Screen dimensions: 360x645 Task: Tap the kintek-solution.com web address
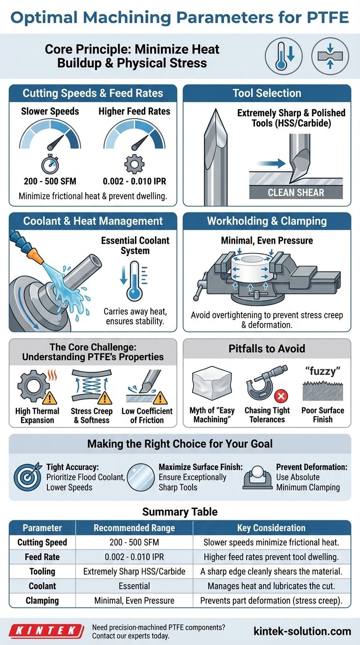click(x=302, y=631)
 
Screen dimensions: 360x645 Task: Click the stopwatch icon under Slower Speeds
click(x=50, y=164)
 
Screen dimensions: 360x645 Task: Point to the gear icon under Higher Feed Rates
click(x=134, y=164)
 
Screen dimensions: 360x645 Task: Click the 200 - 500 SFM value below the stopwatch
click(x=50, y=181)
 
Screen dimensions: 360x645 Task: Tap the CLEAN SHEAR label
click(x=296, y=192)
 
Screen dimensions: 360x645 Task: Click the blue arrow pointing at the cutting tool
click(x=271, y=163)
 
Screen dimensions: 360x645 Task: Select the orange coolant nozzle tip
click(x=36, y=256)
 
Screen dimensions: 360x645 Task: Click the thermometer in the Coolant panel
click(x=135, y=281)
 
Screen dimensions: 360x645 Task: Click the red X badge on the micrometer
click(x=281, y=396)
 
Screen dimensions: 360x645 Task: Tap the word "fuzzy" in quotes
click(x=323, y=371)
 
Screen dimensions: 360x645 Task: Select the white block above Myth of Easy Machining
click(x=212, y=383)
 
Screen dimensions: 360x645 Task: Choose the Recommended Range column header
click(x=134, y=528)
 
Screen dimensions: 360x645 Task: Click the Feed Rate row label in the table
click(x=42, y=557)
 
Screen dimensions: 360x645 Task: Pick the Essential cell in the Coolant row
click(x=134, y=586)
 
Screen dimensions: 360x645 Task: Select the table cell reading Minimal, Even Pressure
click(x=134, y=600)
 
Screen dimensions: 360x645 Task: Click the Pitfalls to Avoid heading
click(x=267, y=349)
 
